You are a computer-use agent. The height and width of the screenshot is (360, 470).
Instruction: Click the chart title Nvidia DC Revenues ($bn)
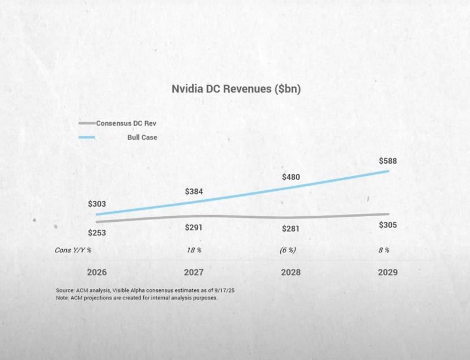coord(236,89)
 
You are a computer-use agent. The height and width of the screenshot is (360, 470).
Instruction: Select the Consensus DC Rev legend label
coord(126,123)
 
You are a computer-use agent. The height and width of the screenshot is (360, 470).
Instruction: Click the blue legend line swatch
coord(87,138)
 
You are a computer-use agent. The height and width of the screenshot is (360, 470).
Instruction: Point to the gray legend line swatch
coord(87,123)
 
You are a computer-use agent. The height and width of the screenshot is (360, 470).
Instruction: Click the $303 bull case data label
coord(97,204)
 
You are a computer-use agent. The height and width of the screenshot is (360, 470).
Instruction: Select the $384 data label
coord(194,191)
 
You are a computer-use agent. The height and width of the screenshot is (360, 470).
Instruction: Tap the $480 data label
coord(290,177)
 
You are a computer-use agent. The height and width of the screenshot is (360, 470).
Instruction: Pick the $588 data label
coord(388,161)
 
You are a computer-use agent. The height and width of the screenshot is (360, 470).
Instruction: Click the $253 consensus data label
coord(97,232)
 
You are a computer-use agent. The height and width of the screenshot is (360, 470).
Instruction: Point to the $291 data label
coord(194,228)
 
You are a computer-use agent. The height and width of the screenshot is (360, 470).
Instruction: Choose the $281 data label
coord(290,229)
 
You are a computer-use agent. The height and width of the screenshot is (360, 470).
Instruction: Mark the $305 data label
coord(388,225)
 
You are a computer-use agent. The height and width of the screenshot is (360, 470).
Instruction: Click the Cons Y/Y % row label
coord(73,250)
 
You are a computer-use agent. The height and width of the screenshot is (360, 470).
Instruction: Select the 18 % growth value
coord(194,250)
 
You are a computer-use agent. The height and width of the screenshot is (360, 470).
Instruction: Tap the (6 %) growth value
coord(288,250)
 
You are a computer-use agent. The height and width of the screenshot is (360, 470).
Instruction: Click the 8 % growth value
coord(384,250)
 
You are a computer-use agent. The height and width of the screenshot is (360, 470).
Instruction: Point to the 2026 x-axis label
coord(97,272)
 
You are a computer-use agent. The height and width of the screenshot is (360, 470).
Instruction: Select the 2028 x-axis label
coord(290,272)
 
